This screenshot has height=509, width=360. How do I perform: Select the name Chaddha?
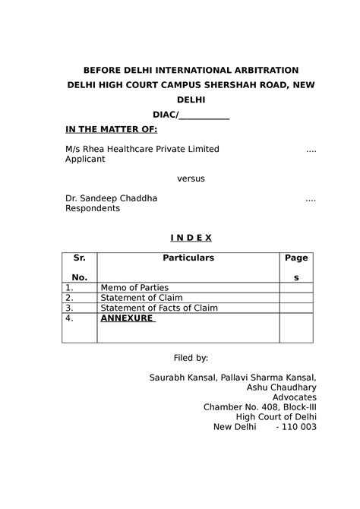[139, 198]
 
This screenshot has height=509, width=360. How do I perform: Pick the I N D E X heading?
[191, 238]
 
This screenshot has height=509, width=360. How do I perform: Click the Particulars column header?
[188, 258]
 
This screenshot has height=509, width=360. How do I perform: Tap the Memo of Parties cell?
[132, 288]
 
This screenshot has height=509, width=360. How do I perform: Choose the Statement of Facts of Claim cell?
[158, 308]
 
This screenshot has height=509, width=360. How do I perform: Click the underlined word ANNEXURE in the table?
[127, 319]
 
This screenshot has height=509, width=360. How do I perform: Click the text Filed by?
[191, 357]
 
